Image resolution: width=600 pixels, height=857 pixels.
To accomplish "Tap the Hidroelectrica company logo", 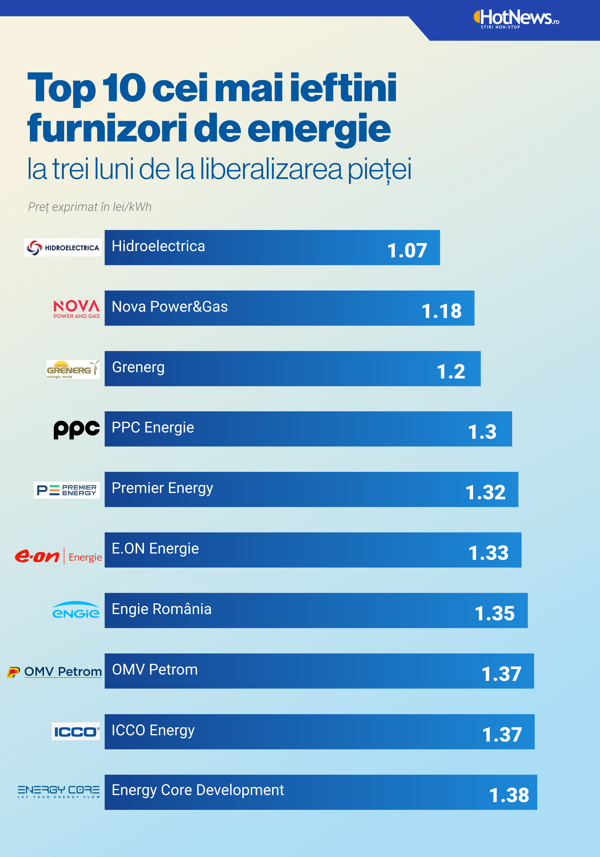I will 63,247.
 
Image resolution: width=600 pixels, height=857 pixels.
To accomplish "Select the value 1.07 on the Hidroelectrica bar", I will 407,251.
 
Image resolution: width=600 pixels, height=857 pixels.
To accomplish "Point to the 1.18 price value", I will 441,311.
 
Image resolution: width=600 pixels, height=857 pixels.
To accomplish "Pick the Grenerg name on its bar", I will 138,367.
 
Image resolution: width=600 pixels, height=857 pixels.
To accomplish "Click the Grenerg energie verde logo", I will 73,369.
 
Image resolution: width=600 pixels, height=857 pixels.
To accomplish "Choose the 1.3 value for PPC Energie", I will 482,432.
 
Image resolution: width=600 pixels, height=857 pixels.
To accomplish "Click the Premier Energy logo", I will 67,490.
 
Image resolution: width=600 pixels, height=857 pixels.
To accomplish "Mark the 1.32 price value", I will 485,492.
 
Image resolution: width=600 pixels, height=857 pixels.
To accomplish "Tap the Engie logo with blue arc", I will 76,610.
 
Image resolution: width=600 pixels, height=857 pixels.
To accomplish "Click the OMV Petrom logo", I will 54,672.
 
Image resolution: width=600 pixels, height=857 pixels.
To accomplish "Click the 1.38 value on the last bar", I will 509,795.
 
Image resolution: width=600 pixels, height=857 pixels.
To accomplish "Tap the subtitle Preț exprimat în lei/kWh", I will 90,207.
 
